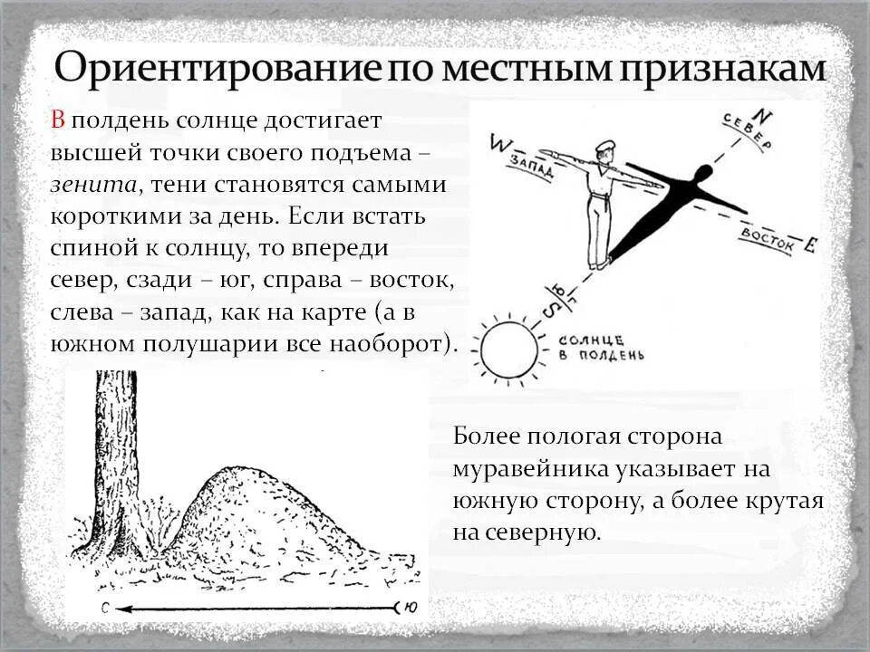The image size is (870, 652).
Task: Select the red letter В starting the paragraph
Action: pyautogui.click(x=57, y=120)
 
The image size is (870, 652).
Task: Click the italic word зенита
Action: pyautogui.click(x=93, y=184)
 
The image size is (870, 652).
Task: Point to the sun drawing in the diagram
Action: pyautogui.click(x=508, y=350)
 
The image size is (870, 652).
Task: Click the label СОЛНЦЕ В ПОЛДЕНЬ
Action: pyautogui.click(x=600, y=348)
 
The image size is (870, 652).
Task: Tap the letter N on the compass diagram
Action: pyautogui.click(x=763, y=116)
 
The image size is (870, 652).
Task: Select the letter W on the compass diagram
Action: pyautogui.click(x=498, y=143)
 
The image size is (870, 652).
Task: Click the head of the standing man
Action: pyautogui.click(x=604, y=150)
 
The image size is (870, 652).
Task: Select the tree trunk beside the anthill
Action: pyautogui.click(x=117, y=453)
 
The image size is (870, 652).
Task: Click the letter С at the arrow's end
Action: pyautogui.click(x=105, y=609)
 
